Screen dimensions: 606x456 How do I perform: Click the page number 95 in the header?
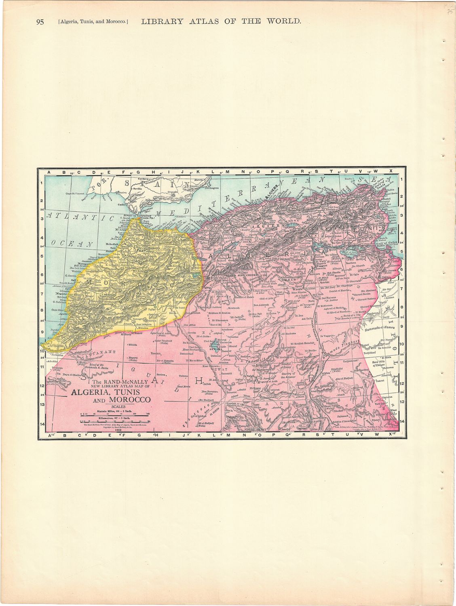coord(40,22)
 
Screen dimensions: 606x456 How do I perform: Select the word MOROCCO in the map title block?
coord(128,400)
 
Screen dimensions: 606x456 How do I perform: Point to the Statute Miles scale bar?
coord(114,414)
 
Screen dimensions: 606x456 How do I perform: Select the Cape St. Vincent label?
coord(78,194)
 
